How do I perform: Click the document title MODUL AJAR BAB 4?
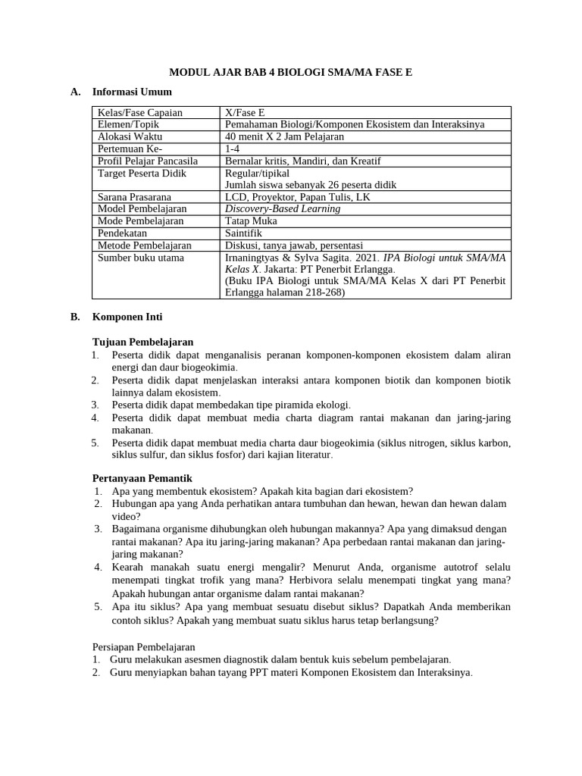[x=291, y=72]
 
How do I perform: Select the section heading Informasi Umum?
[x=132, y=92]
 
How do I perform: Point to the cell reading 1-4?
[x=233, y=149]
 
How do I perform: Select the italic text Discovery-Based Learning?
[x=283, y=208]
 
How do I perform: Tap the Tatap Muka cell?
[x=251, y=221]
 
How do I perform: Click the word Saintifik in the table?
[x=246, y=233]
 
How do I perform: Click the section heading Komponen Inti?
[x=127, y=317]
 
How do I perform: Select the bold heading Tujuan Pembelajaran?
[x=142, y=342]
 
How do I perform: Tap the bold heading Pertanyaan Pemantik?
[x=142, y=478]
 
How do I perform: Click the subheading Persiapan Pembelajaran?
[x=144, y=646]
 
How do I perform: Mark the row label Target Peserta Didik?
[x=142, y=173]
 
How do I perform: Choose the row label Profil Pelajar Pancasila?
[x=148, y=161]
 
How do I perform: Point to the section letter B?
[x=74, y=317]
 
